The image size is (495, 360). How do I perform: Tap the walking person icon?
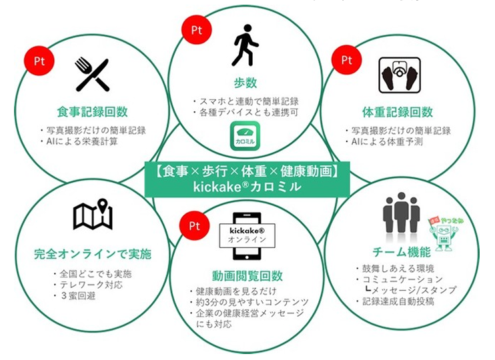(244, 45)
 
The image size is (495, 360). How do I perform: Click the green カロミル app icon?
(248, 136)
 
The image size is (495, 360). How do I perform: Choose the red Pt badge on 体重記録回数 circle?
(347, 59)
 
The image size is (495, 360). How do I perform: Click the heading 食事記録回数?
(93, 111)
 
